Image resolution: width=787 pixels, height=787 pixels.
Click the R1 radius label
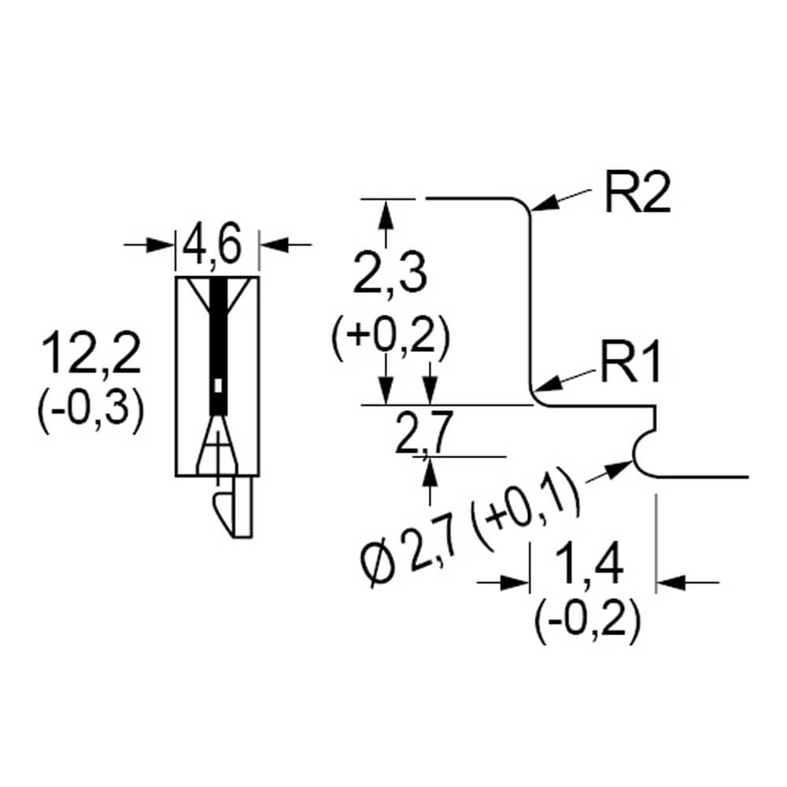(x=630, y=362)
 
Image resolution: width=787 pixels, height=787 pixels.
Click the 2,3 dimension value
(x=390, y=274)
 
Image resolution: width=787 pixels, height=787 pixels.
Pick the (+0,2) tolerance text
(x=390, y=337)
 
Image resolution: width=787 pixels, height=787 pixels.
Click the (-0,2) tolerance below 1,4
(x=588, y=620)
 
